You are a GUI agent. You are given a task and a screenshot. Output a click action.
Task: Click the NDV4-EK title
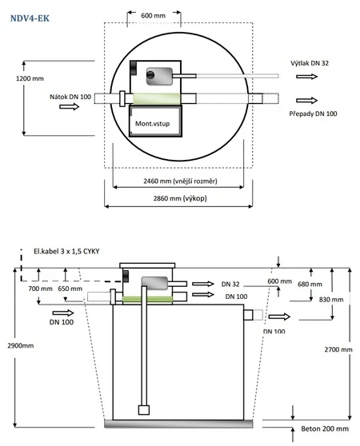coord(30,18)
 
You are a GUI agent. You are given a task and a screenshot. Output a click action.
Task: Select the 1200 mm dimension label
coord(30,78)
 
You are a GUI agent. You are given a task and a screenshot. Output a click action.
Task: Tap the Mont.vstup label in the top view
coord(152,124)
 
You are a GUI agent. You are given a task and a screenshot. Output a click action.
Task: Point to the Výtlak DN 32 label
coord(310,63)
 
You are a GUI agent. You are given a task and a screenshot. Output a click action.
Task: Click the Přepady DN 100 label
coord(313,113)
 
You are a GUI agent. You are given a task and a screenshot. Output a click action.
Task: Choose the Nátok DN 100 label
coord(70,97)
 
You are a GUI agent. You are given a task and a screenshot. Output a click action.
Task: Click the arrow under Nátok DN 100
coord(69,106)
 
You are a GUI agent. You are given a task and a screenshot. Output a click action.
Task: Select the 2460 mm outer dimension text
coord(180,181)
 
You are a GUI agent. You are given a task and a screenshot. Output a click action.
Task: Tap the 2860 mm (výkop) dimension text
coord(180,198)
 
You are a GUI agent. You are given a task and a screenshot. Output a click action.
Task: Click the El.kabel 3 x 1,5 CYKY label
coord(66,252)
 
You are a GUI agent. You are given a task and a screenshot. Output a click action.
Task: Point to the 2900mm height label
coord(21,345)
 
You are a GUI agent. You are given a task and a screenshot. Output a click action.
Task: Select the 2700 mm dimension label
coord(338,349)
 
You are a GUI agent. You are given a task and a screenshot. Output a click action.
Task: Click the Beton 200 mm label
coord(325,428)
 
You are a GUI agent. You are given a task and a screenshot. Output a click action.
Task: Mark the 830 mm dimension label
coord(331,300)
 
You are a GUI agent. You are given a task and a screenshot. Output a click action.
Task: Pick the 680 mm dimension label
coord(310,285)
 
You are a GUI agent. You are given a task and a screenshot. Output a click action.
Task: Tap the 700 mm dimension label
coord(41,289)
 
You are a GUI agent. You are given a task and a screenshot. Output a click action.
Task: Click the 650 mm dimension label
coord(70,289)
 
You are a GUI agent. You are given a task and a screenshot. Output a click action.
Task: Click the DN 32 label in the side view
coord(230,285)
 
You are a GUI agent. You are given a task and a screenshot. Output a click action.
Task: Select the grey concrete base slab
coord(178,424)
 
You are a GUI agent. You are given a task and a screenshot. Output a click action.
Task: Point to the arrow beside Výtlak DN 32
coord(306,76)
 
